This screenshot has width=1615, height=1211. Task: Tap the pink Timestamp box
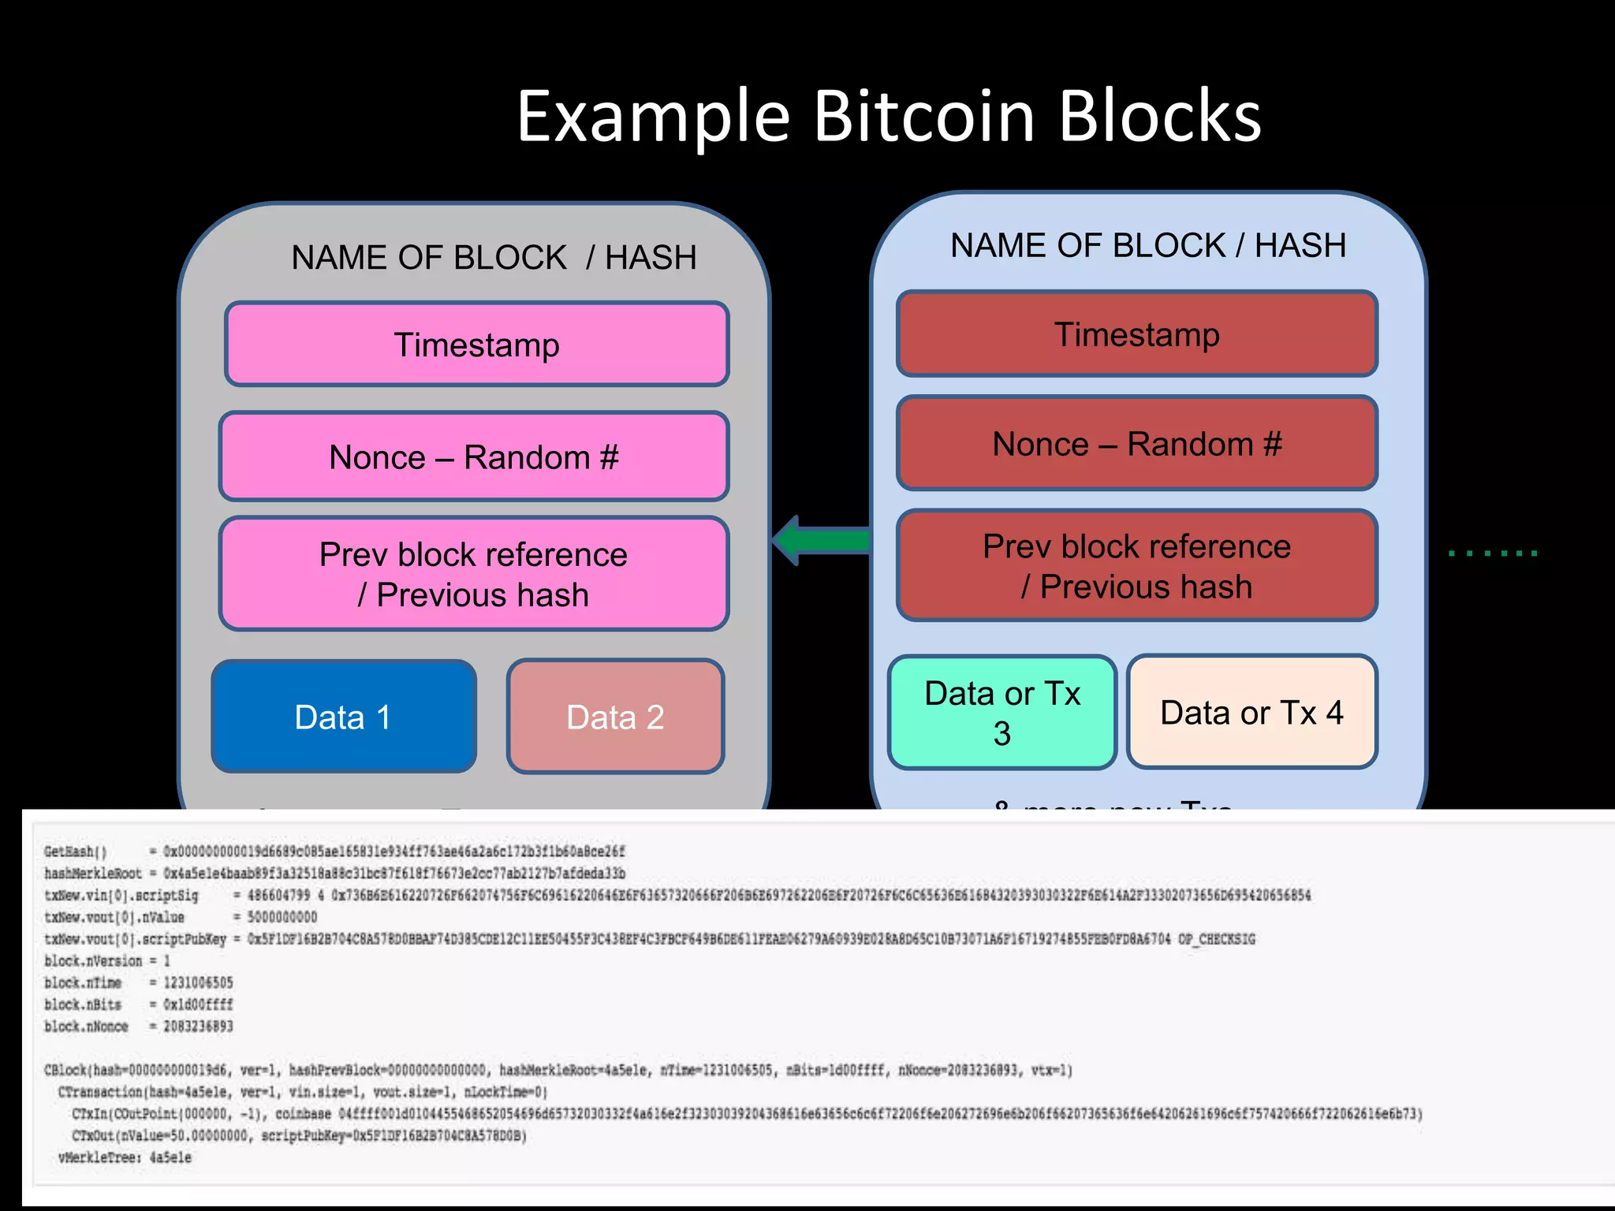click(x=476, y=345)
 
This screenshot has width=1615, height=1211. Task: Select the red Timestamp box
click(x=1136, y=333)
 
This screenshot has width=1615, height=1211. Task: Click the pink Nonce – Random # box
click(x=473, y=456)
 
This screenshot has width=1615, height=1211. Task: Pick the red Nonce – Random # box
click(x=1136, y=444)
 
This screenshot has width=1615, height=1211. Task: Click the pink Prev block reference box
click(x=473, y=574)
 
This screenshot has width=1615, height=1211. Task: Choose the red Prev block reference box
click(x=1136, y=565)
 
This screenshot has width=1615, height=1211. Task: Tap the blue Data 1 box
click(x=343, y=717)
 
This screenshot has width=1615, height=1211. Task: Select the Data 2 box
click(x=615, y=717)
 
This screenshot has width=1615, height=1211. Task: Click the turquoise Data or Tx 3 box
click(x=1001, y=712)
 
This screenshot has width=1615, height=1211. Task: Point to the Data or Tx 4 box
click(x=1251, y=712)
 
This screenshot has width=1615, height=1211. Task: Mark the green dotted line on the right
click(x=1492, y=553)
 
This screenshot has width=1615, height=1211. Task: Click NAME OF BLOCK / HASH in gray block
click(x=494, y=258)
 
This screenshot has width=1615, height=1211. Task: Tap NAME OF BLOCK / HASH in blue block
click(x=1147, y=245)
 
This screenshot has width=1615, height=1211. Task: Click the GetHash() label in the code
click(x=75, y=851)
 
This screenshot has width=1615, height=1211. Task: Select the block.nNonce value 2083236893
click(x=198, y=1027)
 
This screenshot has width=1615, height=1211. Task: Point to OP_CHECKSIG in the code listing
click(x=1216, y=939)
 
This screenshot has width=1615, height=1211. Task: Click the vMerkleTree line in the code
click(x=125, y=1157)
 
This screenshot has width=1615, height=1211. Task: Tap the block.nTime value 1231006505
click(x=198, y=982)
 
